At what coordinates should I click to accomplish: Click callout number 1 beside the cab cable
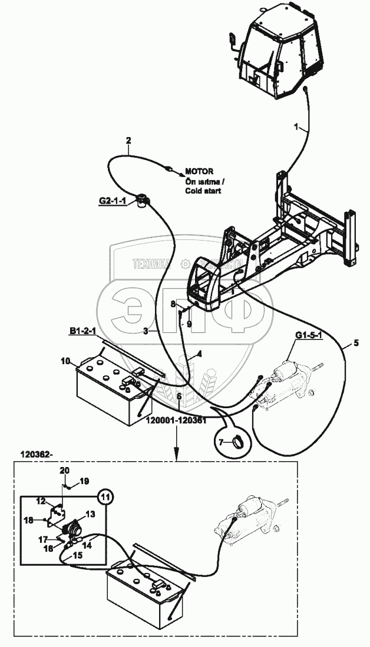(x=298, y=126)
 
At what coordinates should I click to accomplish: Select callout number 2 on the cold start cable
(x=128, y=140)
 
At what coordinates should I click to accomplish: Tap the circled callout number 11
(x=105, y=496)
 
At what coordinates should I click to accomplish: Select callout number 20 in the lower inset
(x=65, y=471)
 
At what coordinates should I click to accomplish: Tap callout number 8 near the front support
(x=173, y=304)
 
